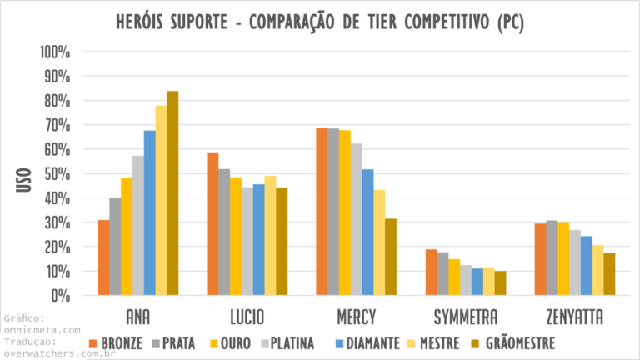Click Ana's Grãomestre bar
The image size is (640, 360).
172,192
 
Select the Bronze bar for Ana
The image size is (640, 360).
103,257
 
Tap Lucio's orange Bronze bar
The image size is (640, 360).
212,223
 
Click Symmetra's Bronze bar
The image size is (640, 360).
431,272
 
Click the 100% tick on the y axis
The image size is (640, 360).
56,52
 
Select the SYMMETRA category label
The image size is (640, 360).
466,317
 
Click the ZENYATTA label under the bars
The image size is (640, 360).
575,317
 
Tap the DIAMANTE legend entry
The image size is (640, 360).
363,342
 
